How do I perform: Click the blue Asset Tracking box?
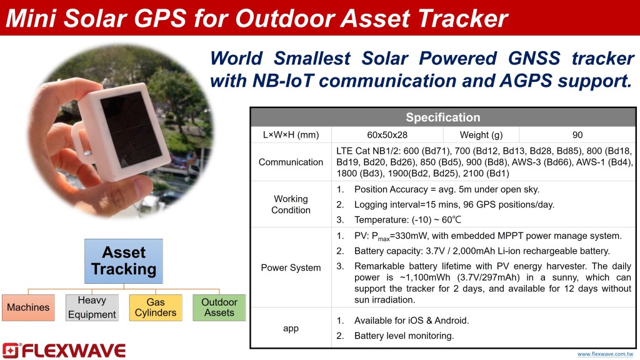124,261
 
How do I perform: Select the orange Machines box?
28,307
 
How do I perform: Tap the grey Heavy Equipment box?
92,307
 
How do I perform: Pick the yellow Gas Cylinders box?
156,307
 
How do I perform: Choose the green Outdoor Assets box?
219,307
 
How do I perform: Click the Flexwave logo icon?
10,351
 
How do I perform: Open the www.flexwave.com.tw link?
605,354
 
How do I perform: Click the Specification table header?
443,117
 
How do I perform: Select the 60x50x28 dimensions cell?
387,135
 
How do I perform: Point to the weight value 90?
577,135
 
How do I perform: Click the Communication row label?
291,162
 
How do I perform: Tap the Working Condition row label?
291,204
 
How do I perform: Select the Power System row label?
291,267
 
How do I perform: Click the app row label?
291,328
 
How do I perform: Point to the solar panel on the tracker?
131,129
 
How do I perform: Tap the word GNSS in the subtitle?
534,58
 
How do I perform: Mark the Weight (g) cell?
481,135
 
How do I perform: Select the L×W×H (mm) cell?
291,135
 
